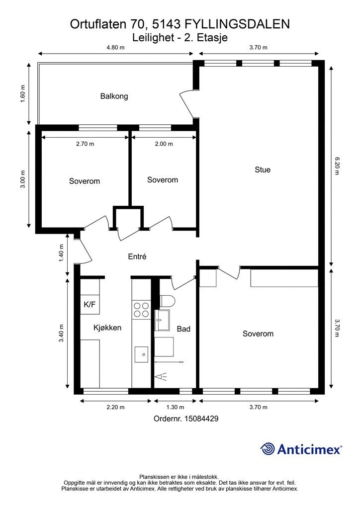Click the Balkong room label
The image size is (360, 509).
[x=114, y=96]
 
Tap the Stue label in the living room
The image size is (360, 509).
[x=262, y=170]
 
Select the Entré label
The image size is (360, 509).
[x=137, y=257]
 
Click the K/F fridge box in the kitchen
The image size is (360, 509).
[x=90, y=305]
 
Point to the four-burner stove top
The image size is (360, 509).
[x=142, y=310]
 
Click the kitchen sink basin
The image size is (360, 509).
[x=142, y=354]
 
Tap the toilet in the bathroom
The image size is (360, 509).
[x=168, y=301]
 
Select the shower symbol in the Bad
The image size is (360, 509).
[x=161, y=377]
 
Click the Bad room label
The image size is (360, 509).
[x=183, y=329]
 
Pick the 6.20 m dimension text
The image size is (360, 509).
[x=337, y=166]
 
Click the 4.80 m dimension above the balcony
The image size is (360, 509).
[x=115, y=47]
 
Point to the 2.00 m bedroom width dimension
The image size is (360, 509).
[x=164, y=144]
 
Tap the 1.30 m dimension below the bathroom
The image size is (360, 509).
[x=175, y=407]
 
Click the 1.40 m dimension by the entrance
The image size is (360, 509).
[x=62, y=253]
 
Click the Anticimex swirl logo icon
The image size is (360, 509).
[x=268, y=449]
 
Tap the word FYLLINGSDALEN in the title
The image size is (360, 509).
[x=237, y=24]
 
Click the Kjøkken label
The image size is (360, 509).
[x=107, y=328]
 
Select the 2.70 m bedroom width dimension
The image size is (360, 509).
[x=85, y=144]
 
